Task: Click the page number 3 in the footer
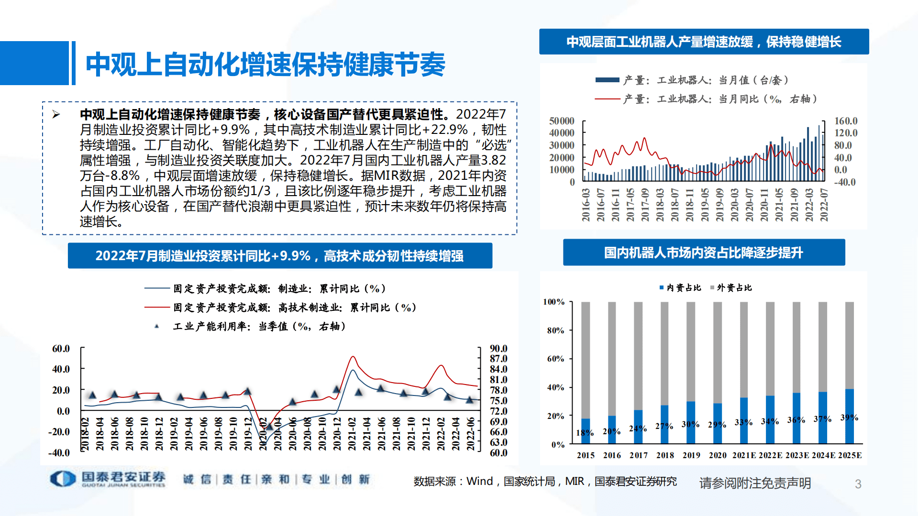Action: [858, 484]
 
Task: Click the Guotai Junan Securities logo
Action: [108, 479]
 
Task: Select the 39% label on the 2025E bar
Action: [849, 417]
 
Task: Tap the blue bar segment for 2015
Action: [586, 431]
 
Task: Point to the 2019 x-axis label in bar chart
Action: [691, 455]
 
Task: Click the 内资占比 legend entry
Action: [680, 287]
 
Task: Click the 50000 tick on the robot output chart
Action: [562, 121]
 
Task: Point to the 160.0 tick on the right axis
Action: [846, 121]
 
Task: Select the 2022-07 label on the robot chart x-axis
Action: [824, 205]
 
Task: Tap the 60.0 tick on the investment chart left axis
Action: [61, 349]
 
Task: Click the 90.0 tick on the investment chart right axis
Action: [498, 349]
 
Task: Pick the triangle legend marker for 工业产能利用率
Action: [156, 326]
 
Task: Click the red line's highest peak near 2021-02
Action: [353, 357]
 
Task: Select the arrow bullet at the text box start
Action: [56, 114]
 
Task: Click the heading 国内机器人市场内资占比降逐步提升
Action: [704, 253]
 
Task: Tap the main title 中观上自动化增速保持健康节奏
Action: [265, 65]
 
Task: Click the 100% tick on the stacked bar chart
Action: [553, 302]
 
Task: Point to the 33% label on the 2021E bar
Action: [743, 422]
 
